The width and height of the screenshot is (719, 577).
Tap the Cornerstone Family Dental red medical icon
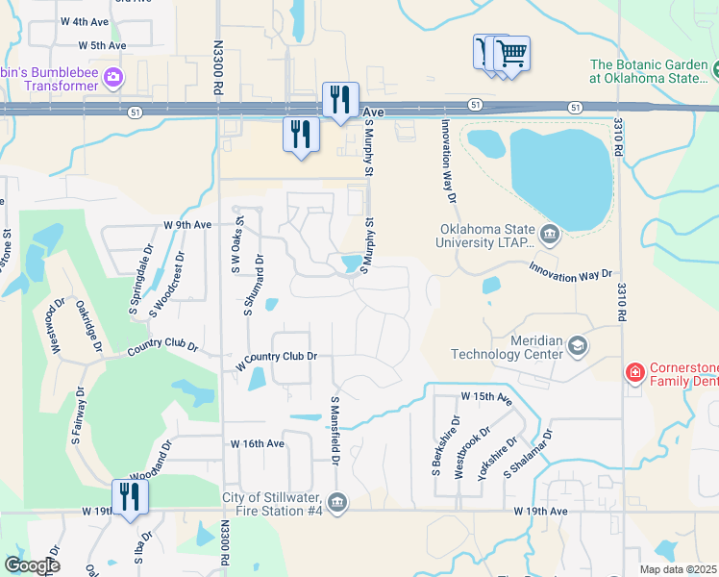(634, 372)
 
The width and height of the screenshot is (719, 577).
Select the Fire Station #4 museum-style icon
(337, 503)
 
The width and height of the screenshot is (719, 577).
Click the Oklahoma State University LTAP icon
(549, 234)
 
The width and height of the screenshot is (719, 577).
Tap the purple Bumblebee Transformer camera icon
(113, 78)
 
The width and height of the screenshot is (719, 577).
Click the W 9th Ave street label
(186, 225)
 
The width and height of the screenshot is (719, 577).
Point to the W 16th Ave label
(257, 443)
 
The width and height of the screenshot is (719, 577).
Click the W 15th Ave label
(487, 396)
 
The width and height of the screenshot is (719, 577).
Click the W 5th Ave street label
(103, 45)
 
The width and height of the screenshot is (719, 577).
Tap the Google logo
(31, 565)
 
